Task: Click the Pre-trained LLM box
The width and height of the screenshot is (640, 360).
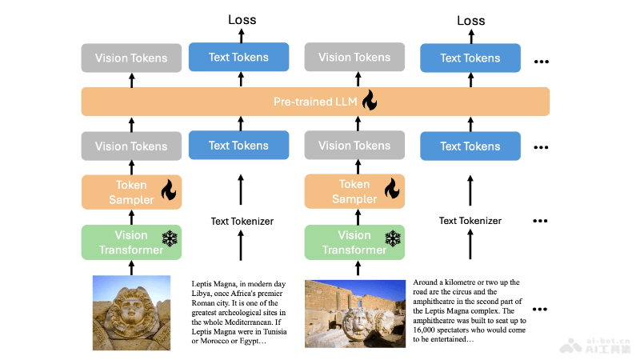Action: (x=315, y=102)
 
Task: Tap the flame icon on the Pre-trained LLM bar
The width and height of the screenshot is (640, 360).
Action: (x=369, y=101)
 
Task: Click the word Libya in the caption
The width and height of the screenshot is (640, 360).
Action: (x=203, y=292)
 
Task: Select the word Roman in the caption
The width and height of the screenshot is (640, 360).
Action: (x=206, y=302)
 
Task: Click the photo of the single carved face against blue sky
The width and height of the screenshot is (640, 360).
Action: (x=132, y=311)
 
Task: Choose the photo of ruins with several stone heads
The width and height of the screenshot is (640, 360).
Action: (x=355, y=313)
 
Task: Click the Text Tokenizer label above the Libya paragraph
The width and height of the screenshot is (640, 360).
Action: (x=242, y=221)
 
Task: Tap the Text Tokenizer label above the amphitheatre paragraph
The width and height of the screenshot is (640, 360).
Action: (x=470, y=221)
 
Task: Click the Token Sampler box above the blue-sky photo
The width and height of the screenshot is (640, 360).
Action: (x=131, y=192)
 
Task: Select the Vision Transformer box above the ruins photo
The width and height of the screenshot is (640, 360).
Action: (x=355, y=242)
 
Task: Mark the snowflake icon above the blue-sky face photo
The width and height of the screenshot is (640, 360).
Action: (x=170, y=238)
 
